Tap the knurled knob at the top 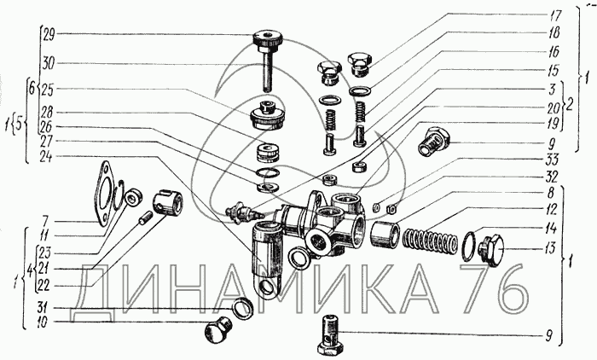(268, 39)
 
